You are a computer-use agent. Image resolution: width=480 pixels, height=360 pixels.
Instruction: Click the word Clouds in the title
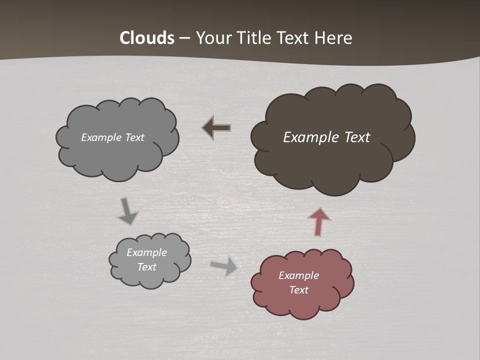pyautogui.click(x=147, y=38)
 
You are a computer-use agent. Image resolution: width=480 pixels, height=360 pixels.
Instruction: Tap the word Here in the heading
pyautogui.click(x=333, y=38)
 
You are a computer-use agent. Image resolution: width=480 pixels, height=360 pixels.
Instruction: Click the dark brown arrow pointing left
pyautogui.click(x=216, y=128)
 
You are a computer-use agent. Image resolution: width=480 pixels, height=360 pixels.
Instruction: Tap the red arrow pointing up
pyautogui.click(x=318, y=221)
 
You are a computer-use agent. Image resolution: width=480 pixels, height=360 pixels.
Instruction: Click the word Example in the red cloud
pyautogui.click(x=298, y=275)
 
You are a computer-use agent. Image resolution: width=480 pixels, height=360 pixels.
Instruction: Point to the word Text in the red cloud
pyautogui.click(x=298, y=290)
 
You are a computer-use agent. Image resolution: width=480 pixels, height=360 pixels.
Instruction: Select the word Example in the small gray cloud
pyautogui.click(x=146, y=252)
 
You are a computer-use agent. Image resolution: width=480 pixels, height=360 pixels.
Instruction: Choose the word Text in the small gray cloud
pyautogui.click(x=146, y=267)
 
